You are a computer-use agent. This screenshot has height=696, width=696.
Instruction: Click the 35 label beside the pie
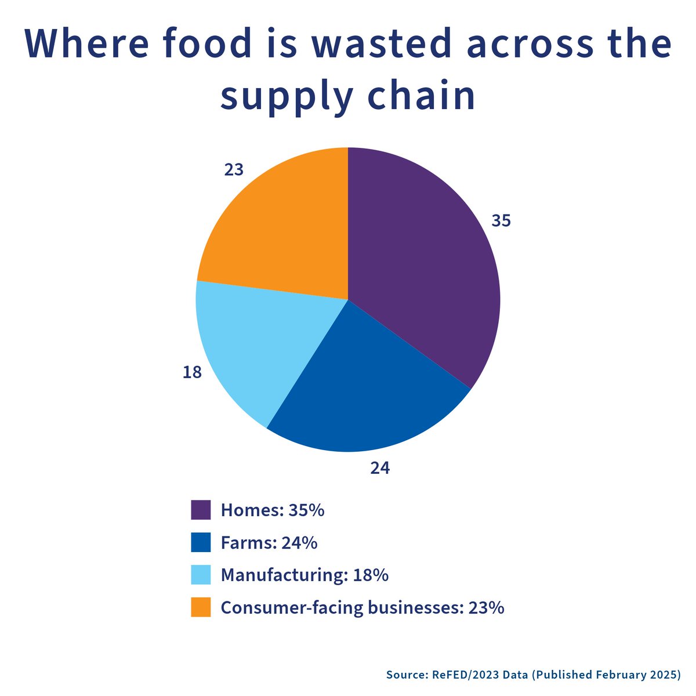(x=501, y=220)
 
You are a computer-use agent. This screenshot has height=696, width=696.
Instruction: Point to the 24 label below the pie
(x=380, y=468)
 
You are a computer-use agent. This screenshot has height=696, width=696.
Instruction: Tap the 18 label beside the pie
(x=192, y=372)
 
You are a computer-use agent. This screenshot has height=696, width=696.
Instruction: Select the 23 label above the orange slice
(x=234, y=170)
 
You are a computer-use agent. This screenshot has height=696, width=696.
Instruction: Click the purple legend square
(x=201, y=510)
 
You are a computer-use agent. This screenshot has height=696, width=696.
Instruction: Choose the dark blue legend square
(x=201, y=542)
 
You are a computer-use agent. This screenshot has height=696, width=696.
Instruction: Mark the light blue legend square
(x=201, y=575)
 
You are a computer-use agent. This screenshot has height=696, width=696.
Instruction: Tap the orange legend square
(x=201, y=607)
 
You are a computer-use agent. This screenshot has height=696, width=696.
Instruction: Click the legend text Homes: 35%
(x=273, y=510)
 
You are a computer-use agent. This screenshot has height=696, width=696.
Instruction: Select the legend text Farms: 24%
(x=269, y=542)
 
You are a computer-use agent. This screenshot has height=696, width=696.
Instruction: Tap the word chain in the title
(x=421, y=95)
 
